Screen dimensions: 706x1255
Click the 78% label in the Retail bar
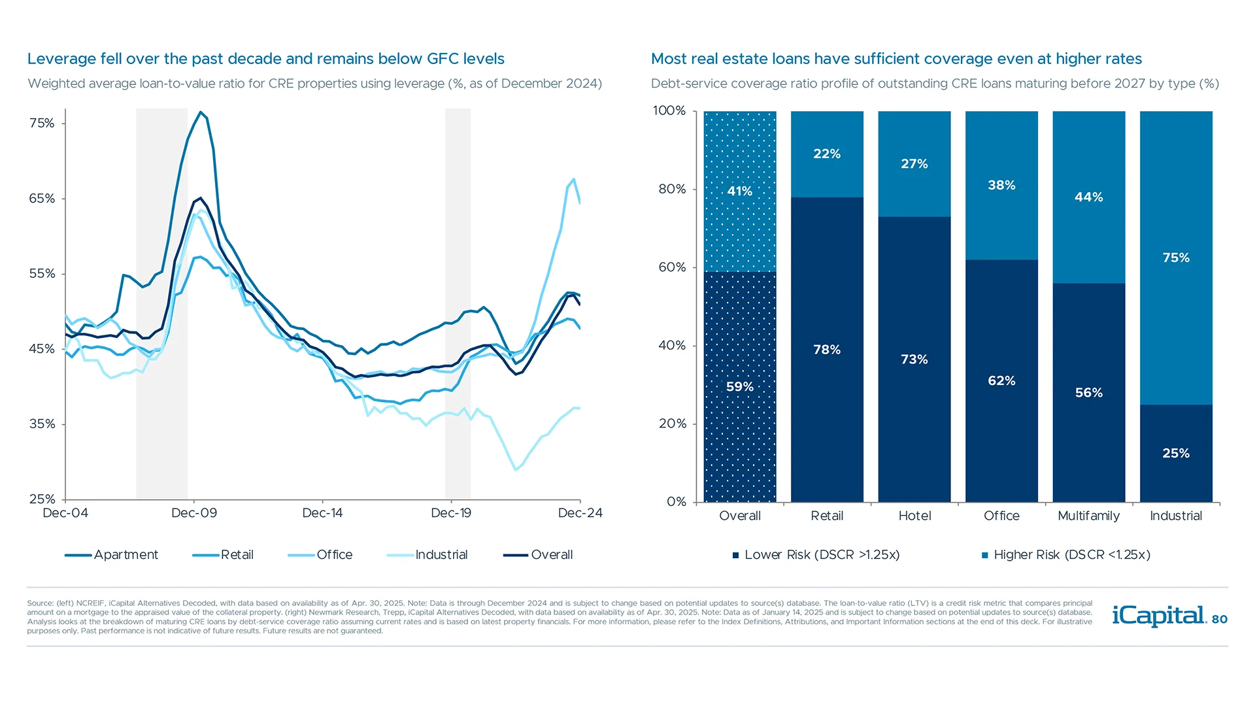[x=827, y=350]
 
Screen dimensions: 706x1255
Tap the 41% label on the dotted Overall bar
[x=739, y=191]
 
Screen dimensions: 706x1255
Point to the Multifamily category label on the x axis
[x=1088, y=516]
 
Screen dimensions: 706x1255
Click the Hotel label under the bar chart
[x=914, y=516]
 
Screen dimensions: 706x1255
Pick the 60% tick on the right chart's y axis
[x=672, y=267]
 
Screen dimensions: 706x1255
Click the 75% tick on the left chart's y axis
[x=42, y=124]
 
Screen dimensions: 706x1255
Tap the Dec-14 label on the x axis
[x=322, y=513]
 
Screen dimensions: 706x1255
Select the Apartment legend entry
[x=112, y=555]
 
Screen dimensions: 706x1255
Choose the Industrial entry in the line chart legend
[x=427, y=555]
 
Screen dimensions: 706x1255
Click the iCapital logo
[x=1158, y=616]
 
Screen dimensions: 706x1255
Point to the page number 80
[x=1220, y=619]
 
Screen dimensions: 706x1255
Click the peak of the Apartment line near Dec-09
[x=201, y=112]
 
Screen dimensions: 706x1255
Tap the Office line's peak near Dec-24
[x=573, y=179]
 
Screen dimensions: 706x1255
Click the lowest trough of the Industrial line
[x=516, y=469]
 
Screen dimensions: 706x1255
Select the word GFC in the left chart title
[x=443, y=59]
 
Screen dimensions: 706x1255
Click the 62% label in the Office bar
[x=1001, y=381]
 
